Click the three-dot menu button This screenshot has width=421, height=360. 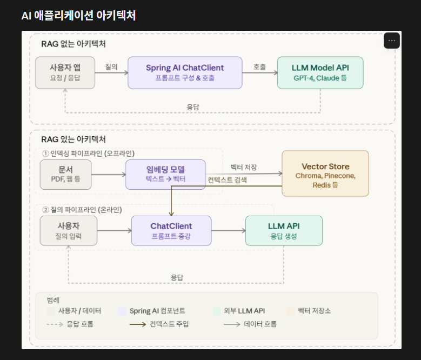click(x=392, y=41)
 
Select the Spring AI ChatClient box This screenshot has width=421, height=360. click(x=185, y=72)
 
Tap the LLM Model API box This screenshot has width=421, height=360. click(x=320, y=72)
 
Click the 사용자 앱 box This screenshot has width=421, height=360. click(x=65, y=72)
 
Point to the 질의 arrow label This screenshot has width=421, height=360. click(x=111, y=67)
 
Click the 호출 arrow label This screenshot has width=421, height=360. click(x=259, y=67)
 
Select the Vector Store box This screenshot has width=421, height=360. click(x=325, y=173)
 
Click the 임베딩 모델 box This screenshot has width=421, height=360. click(x=165, y=174)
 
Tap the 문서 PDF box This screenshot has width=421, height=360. click(x=65, y=174)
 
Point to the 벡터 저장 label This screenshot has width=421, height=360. click(x=243, y=167)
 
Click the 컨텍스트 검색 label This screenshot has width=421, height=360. click(x=228, y=180)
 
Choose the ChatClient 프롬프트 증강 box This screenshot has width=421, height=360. click(x=171, y=231)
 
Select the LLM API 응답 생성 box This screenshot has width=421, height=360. click(x=284, y=231)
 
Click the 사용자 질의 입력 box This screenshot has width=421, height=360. click(x=69, y=231)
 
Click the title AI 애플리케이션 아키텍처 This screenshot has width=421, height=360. click(x=78, y=15)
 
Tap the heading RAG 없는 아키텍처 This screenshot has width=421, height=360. click(x=73, y=43)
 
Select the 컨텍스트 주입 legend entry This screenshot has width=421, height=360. click(x=169, y=324)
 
